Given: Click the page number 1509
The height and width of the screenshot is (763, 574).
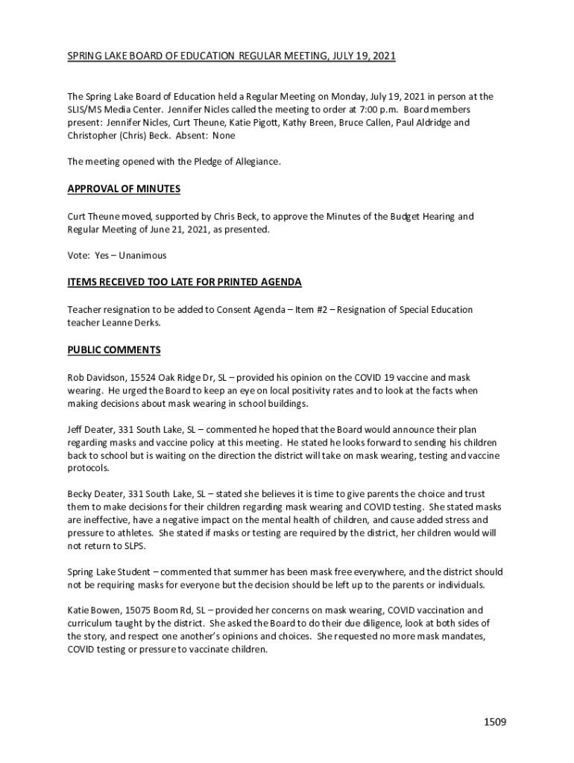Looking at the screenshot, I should click(494, 722).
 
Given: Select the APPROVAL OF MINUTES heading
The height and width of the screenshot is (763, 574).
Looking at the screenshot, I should click(124, 189).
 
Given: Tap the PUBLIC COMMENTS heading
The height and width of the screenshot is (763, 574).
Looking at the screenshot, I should click(114, 350).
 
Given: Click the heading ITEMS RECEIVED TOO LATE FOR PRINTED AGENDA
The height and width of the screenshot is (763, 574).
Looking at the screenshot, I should click(184, 282).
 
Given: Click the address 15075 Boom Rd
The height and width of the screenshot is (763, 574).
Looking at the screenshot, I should click(157, 610).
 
